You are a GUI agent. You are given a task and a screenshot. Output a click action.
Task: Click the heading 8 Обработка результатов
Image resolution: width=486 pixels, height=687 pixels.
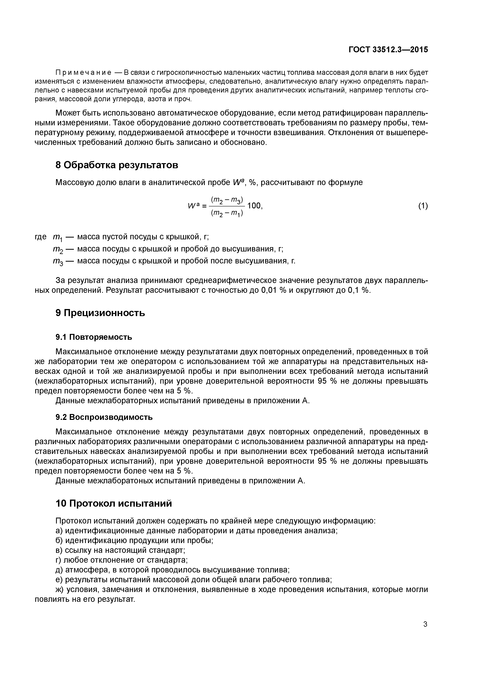pos(117,165)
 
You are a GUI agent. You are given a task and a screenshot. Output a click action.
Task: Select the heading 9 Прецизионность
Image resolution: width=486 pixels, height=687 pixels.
pos(100,313)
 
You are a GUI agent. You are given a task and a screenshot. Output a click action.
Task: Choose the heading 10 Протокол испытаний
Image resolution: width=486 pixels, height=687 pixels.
pos(114,503)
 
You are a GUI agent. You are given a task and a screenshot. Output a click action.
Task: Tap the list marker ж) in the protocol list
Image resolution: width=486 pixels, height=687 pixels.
pos(60,590)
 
